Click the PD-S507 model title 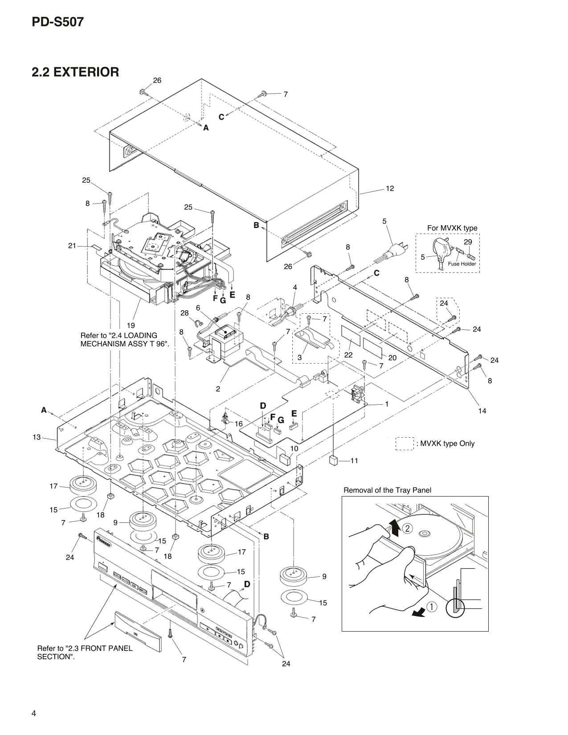click(x=57, y=22)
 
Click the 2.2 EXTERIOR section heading click(x=75, y=72)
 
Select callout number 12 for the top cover click(x=390, y=189)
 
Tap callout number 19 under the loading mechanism click(x=131, y=326)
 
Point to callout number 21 click(x=72, y=245)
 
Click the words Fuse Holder click(x=462, y=264)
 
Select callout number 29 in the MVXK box click(x=467, y=242)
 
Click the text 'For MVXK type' click(x=452, y=228)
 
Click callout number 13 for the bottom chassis click(x=37, y=437)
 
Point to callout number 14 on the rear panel click(x=482, y=411)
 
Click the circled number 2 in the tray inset click(x=408, y=529)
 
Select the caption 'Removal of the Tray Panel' click(x=387, y=490)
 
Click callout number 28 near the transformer click(x=184, y=313)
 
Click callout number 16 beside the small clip click(x=239, y=423)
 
